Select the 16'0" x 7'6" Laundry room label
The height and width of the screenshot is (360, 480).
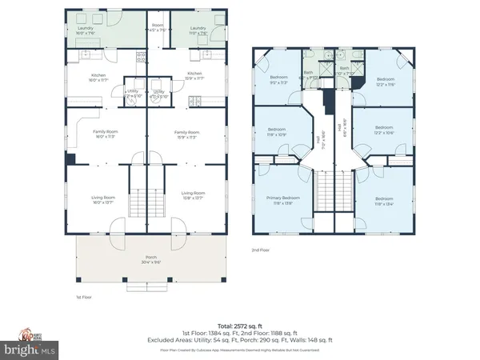click(x=86, y=31)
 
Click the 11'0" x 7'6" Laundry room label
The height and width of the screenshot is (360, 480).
click(x=199, y=31)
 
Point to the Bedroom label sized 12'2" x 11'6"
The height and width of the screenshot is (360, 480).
click(x=386, y=82)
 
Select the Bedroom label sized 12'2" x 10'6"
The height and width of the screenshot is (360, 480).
click(x=384, y=130)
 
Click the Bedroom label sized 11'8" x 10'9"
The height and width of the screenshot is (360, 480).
click(x=275, y=132)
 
